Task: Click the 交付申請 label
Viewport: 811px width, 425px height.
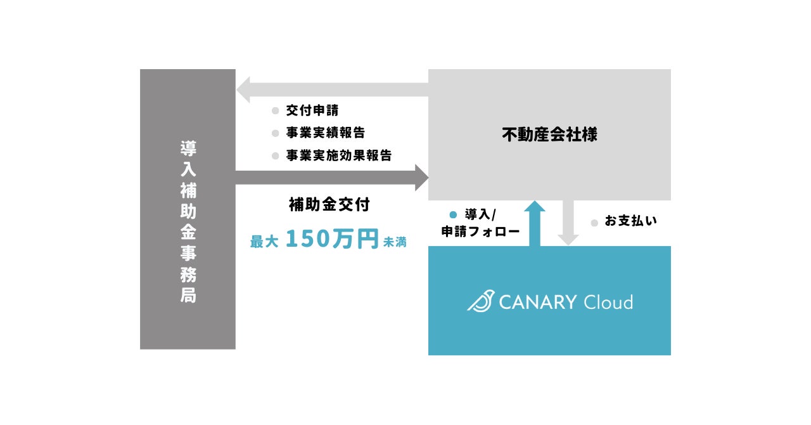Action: (x=312, y=110)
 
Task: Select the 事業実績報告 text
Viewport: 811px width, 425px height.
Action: (x=325, y=133)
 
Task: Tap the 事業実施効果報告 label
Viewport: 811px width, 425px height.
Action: (x=338, y=155)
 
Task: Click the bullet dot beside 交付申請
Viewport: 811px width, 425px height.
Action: (x=275, y=111)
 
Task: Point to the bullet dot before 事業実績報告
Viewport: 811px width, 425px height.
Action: (x=275, y=134)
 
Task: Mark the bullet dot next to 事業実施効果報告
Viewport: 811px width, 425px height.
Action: (x=275, y=156)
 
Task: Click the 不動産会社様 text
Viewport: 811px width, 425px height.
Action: (x=549, y=134)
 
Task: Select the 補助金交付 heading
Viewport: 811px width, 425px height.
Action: (x=329, y=205)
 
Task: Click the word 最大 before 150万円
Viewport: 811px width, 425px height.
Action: (x=264, y=242)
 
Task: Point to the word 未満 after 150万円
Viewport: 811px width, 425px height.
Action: (x=394, y=242)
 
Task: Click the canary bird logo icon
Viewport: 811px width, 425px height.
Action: (x=480, y=301)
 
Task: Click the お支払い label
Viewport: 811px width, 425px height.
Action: (x=630, y=221)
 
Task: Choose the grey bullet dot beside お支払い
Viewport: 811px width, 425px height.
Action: (x=594, y=223)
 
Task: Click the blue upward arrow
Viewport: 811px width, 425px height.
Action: (x=535, y=222)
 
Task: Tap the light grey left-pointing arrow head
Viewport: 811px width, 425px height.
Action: (x=244, y=89)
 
